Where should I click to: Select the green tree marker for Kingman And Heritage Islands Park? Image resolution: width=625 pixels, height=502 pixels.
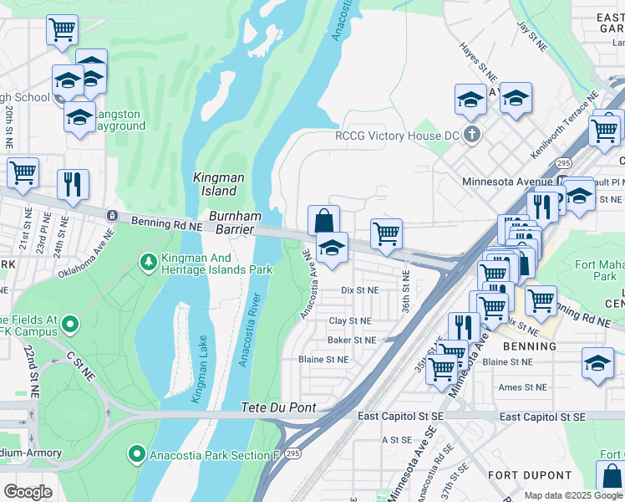(x=149, y=263)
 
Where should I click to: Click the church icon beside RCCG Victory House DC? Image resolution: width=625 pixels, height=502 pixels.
(x=473, y=135)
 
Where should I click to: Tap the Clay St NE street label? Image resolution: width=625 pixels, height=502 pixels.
(x=349, y=320)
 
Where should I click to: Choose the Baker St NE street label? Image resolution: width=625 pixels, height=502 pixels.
(x=351, y=340)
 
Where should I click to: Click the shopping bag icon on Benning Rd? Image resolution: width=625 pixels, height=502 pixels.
(x=323, y=221)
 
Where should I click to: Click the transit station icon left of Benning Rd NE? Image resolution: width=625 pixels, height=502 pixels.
(x=112, y=216)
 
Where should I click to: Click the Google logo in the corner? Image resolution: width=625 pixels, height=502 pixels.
(x=28, y=491)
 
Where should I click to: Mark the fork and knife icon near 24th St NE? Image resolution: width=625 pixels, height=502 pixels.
(x=73, y=182)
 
